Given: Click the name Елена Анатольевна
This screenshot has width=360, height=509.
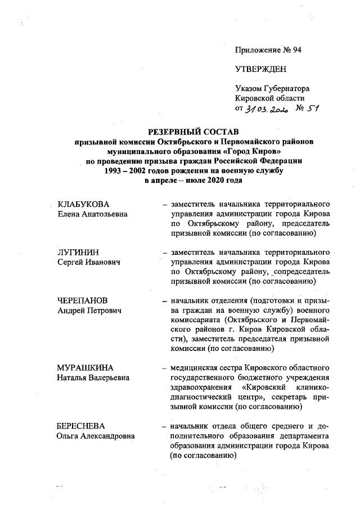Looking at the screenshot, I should [93, 214].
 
